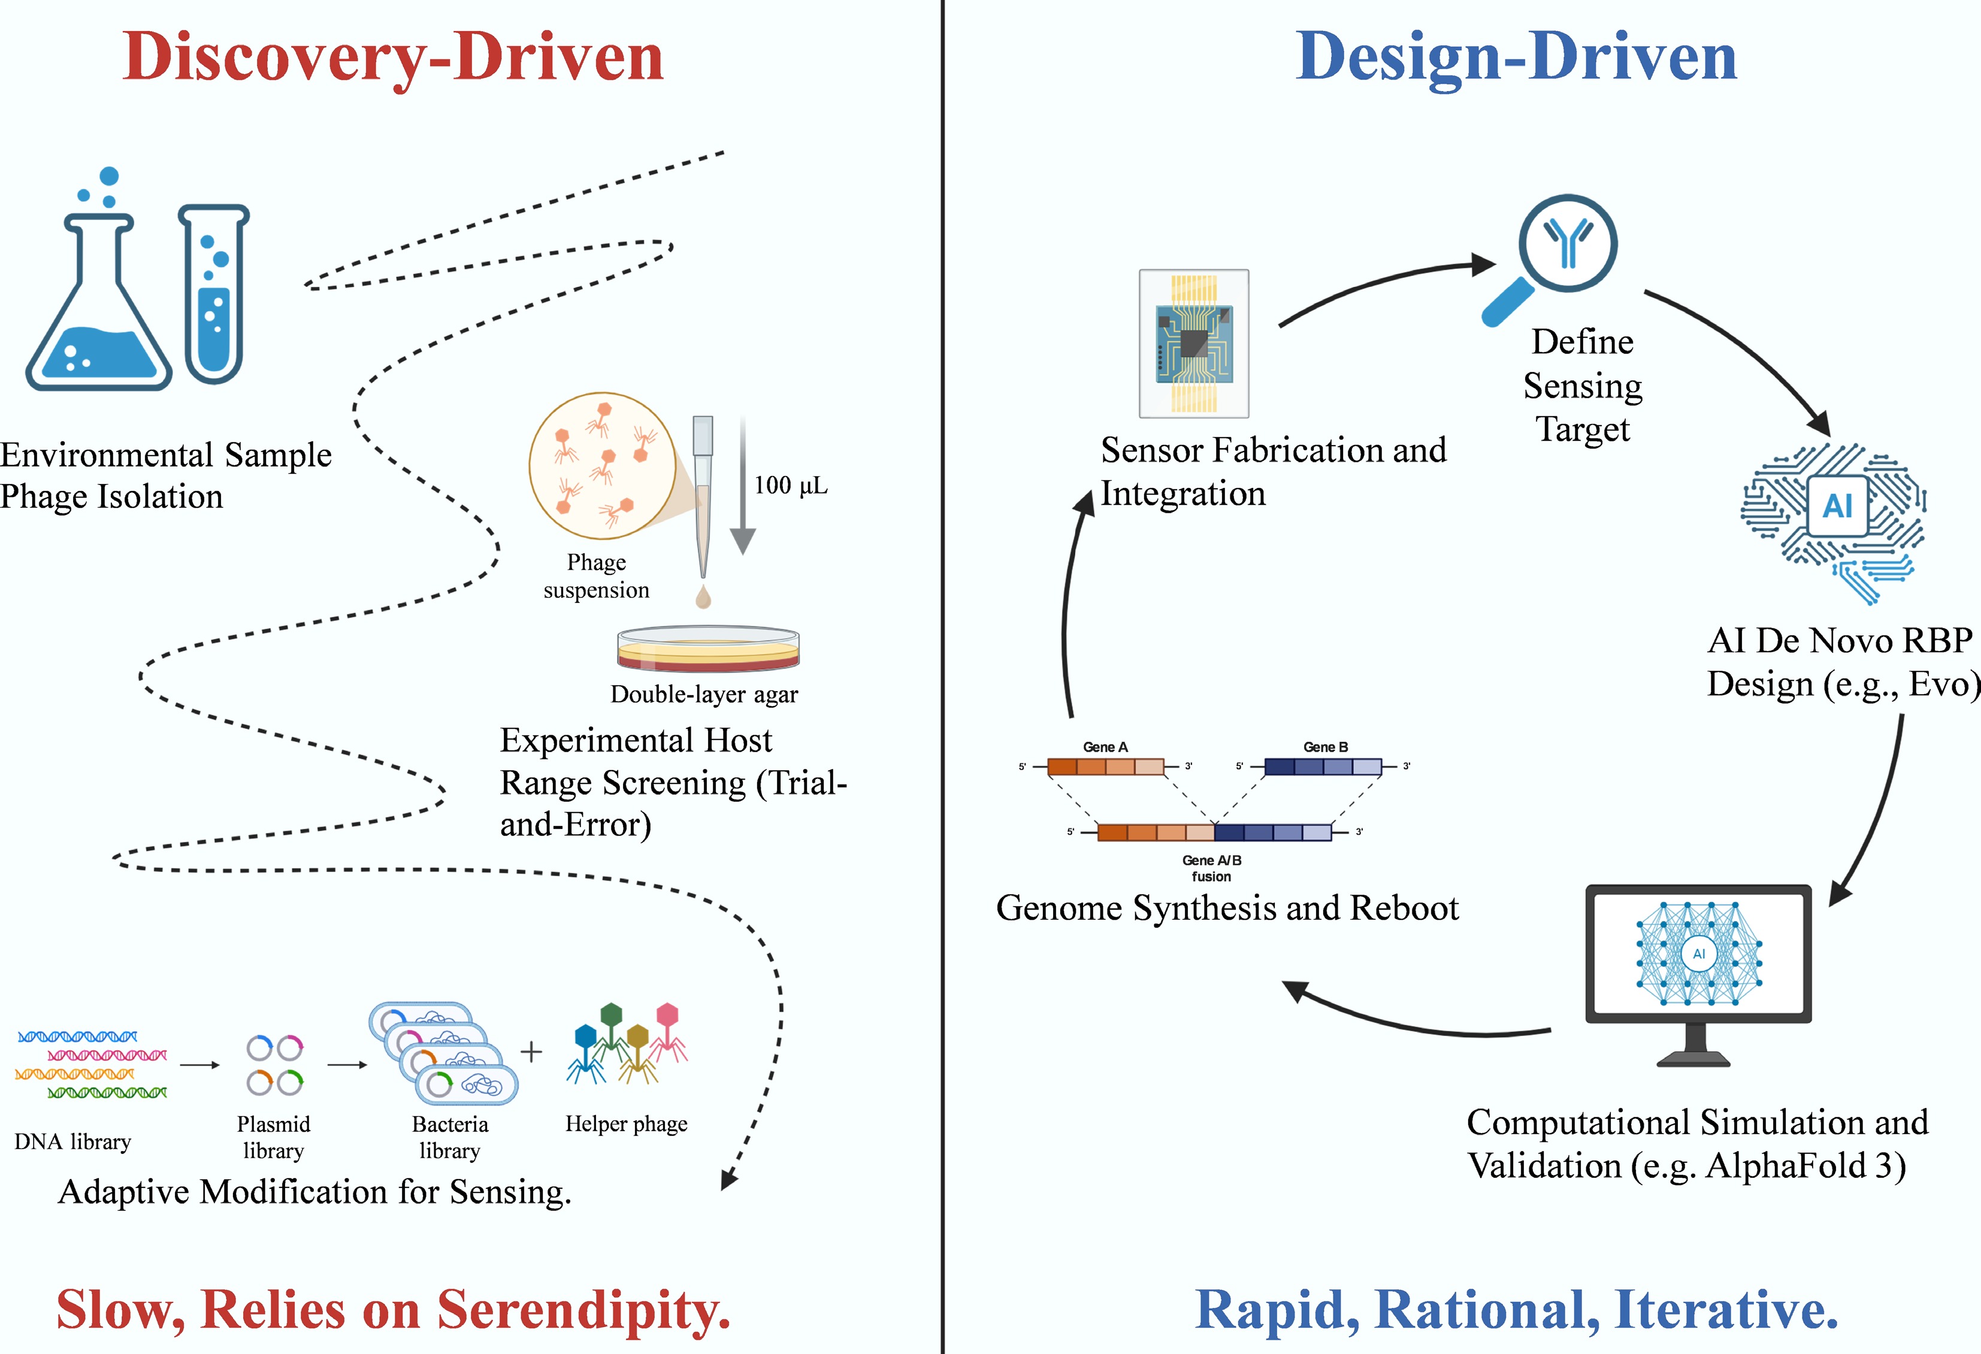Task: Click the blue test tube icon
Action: tap(213, 294)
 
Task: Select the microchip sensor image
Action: tap(1193, 343)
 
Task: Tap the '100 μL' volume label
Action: tap(790, 486)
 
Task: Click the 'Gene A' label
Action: tap(1105, 747)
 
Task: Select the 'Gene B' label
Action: tap(1326, 747)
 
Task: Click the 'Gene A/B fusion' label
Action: tap(1211, 868)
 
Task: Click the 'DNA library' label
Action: tap(72, 1142)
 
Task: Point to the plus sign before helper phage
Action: tap(531, 1052)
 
